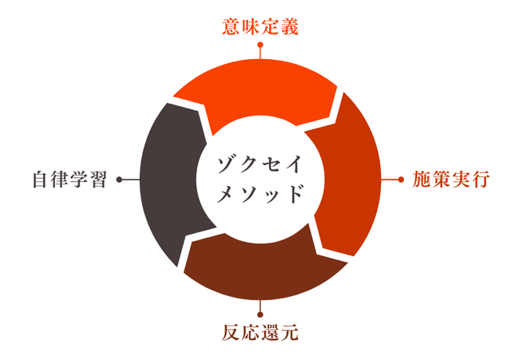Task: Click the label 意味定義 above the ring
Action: tap(260, 27)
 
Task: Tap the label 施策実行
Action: tap(451, 180)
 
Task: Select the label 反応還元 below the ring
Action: tap(260, 333)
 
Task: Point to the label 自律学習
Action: tap(69, 180)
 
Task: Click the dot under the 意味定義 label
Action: tap(260, 45)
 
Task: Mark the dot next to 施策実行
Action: tap(401, 180)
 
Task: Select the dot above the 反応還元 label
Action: tap(260, 315)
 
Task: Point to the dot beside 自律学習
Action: tap(120, 180)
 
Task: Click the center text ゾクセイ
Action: tap(259, 164)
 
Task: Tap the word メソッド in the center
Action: tap(259, 193)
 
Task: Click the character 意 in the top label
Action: tap(231, 27)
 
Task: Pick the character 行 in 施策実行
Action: tap(481, 180)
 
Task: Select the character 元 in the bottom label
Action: tap(290, 333)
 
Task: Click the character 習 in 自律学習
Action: tap(99, 180)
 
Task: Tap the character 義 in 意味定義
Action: tap(290, 27)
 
